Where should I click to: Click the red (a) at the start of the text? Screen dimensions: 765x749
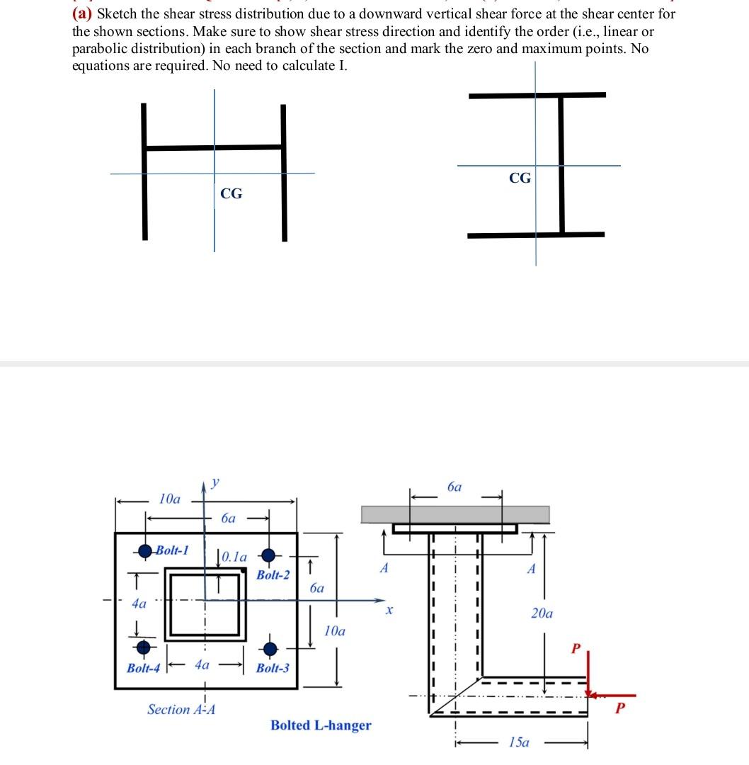(83, 13)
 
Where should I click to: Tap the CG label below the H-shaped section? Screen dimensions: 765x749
(231, 193)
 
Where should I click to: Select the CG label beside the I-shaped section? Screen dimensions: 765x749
(520, 178)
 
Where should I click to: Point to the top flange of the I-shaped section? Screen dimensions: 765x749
(537, 94)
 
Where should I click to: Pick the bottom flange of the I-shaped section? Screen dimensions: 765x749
(536, 234)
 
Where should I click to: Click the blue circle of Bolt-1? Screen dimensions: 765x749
(146, 550)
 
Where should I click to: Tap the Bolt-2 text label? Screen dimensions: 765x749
(273, 574)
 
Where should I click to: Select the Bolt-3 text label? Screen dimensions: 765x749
(273, 668)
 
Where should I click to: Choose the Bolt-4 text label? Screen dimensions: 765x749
(142, 668)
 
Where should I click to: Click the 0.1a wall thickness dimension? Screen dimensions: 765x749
(234, 557)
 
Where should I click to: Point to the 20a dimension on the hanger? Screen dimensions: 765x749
(542, 613)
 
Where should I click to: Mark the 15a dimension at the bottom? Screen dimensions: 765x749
(519, 742)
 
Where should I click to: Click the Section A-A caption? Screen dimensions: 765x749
(181, 709)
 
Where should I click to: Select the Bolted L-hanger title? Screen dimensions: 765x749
(321, 725)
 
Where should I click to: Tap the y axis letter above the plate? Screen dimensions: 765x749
(215, 483)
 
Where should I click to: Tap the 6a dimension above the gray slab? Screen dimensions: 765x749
(455, 487)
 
